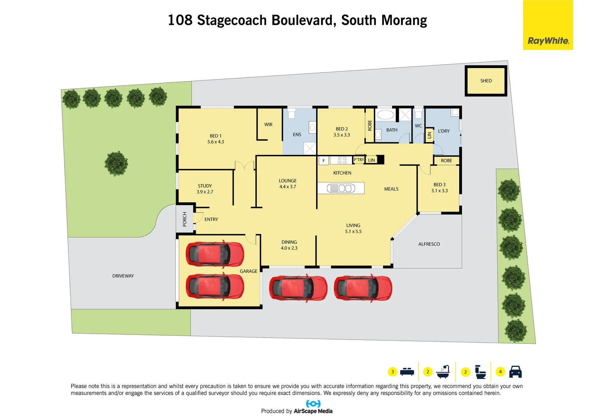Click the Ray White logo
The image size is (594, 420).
click(548, 40)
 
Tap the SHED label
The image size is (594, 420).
click(486, 81)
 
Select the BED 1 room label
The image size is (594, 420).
click(216, 136)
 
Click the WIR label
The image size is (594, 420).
click(268, 125)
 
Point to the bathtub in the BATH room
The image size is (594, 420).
click(385, 115)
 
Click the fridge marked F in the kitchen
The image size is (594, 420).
click(324, 161)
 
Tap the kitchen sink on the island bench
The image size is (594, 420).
click(341, 189)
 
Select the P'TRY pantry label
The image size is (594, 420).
click(359, 160)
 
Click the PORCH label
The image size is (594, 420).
click(185, 219)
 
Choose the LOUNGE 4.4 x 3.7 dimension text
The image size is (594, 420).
click(287, 187)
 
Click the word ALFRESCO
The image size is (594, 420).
click(429, 244)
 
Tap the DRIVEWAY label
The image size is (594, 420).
click(123, 276)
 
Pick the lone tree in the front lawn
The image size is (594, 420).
click(116, 163)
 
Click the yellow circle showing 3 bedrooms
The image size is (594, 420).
click(392, 372)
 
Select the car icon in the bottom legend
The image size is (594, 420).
click(515, 372)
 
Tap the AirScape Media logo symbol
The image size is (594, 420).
click(313, 404)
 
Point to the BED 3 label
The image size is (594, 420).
click(439, 185)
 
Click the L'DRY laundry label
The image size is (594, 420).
click(444, 131)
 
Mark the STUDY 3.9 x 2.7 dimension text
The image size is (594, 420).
click(205, 192)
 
